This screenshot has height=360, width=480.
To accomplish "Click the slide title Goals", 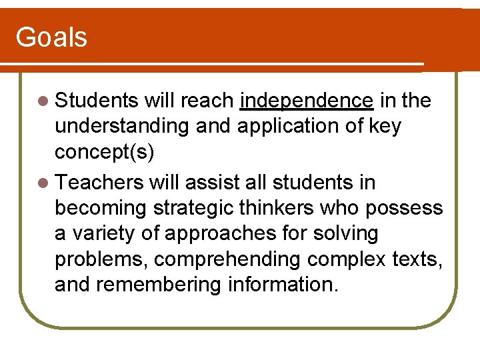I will coord(51,37).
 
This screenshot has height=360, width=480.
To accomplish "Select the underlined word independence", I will coord(307,101).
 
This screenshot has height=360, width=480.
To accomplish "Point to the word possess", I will coord(404,208).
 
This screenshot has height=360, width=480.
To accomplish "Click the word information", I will coord(283,285).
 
